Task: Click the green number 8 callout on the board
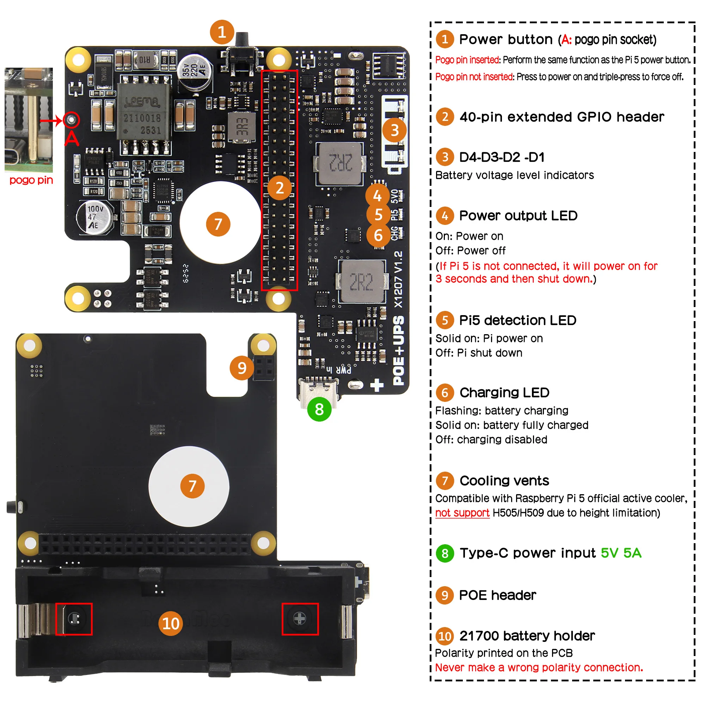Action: pyautogui.click(x=319, y=409)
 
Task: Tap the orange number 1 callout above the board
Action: pyautogui.click(x=221, y=32)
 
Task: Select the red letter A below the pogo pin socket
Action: pyautogui.click(x=72, y=138)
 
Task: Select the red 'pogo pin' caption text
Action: pyautogui.click(x=31, y=180)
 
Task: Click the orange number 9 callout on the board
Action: pyautogui.click(x=241, y=368)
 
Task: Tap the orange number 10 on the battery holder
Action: pyautogui.click(x=170, y=623)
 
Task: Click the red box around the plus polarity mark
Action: pyautogui.click(x=300, y=619)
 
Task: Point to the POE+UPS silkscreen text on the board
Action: pyautogui.click(x=398, y=350)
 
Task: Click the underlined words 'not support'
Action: pyautogui.click(x=462, y=513)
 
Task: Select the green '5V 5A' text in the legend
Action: pyautogui.click(x=621, y=553)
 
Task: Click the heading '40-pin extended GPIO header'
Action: pyautogui.click(x=562, y=117)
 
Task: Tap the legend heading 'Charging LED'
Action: pyautogui.click(x=504, y=392)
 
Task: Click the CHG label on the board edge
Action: pyautogui.click(x=394, y=234)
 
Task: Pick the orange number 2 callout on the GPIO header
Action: pyautogui.click(x=279, y=188)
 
